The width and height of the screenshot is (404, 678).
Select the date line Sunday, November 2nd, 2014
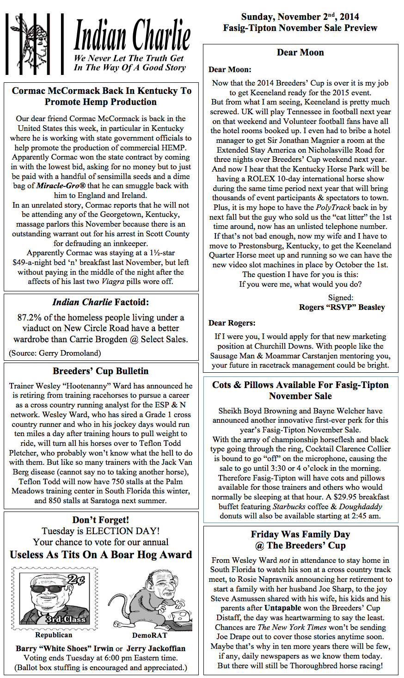[x=300, y=17]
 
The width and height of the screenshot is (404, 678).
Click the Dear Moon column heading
[x=300, y=52]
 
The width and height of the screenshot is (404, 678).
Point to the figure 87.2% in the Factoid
[x=30, y=318]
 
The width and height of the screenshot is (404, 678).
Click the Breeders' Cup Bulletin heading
[x=101, y=371]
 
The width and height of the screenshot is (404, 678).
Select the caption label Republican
[x=54, y=635]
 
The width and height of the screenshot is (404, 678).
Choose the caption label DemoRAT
[x=149, y=635]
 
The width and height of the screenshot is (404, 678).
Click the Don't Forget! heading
[x=101, y=520]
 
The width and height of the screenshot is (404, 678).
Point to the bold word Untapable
[x=282, y=608]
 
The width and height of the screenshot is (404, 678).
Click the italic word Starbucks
[x=289, y=506]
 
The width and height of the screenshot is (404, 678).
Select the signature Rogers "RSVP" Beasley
[x=342, y=307]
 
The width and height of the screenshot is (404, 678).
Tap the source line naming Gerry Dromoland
[x=55, y=353]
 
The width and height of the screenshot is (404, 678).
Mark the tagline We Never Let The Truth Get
[x=129, y=58]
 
